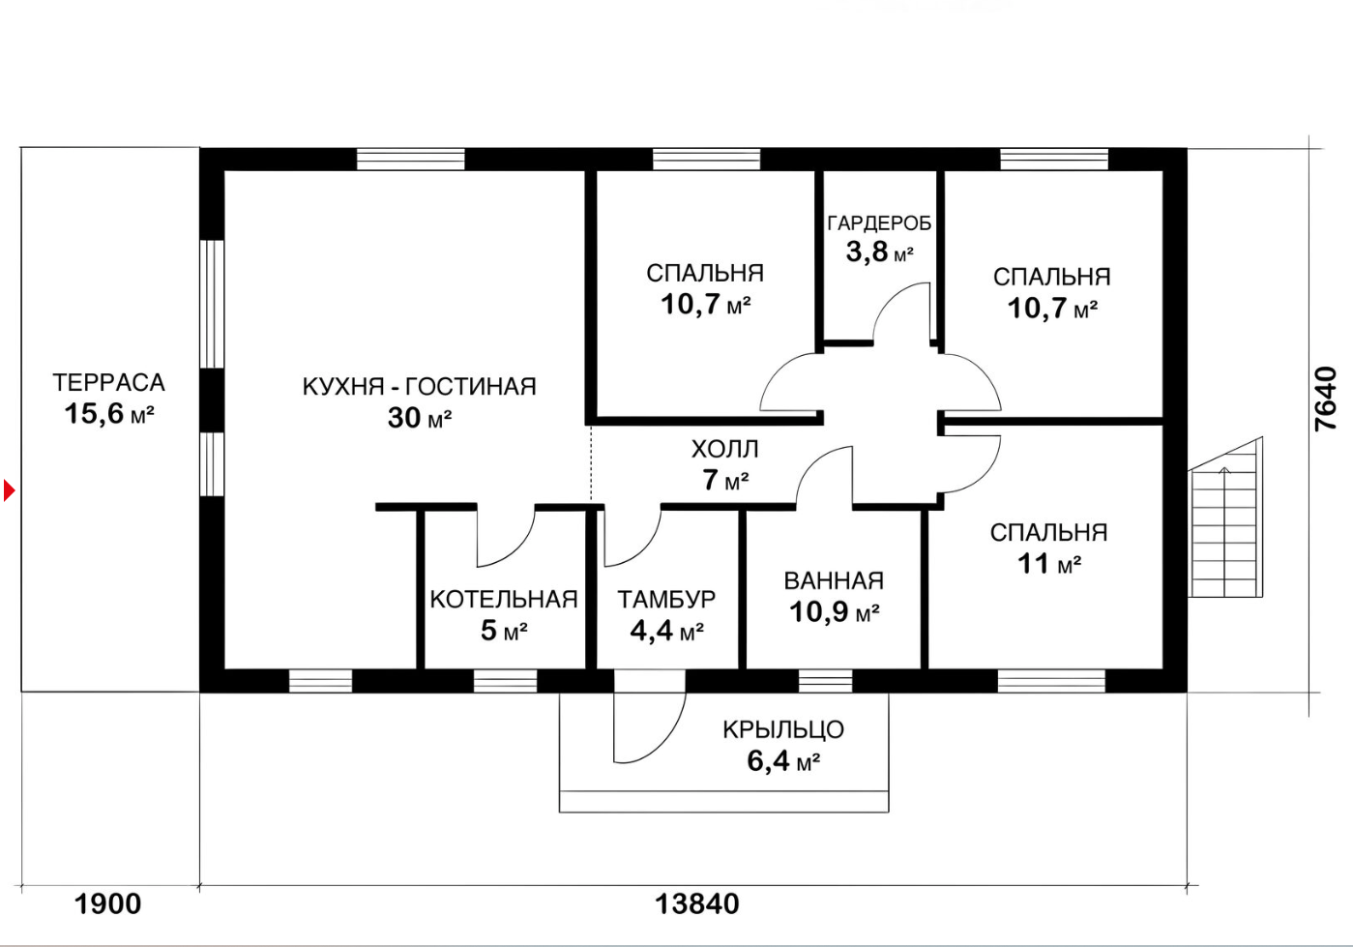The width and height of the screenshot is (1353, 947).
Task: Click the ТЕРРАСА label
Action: pyautogui.click(x=108, y=382)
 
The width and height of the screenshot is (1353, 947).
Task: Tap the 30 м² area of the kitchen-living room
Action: pyautogui.click(x=420, y=417)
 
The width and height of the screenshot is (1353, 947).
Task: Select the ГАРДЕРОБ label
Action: pyautogui.click(x=879, y=223)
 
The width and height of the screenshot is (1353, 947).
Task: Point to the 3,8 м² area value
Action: pyautogui.click(x=879, y=252)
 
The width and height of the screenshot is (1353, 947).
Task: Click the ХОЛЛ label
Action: pyautogui.click(x=724, y=450)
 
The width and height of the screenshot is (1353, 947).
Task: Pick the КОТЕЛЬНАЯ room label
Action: pyautogui.click(x=504, y=599)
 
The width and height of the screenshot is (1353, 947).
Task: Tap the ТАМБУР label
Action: pyautogui.click(x=666, y=599)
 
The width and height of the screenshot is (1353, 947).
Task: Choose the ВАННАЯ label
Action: pyautogui.click(x=834, y=581)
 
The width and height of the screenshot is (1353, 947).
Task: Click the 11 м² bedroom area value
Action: pyautogui.click(x=1049, y=564)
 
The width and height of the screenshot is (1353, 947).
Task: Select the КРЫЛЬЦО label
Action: pyautogui.click(x=783, y=730)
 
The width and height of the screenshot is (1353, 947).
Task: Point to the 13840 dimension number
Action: pyautogui.click(x=697, y=904)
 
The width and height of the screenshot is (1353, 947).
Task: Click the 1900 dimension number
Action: pyautogui.click(x=107, y=904)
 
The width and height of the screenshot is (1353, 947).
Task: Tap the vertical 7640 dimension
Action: pyautogui.click(x=1326, y=398)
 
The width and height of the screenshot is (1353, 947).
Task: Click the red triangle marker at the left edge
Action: pyautogui.click(x=9, y=489)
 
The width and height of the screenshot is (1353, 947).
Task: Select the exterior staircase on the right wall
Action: pyautogui.click(x=1225, y=518)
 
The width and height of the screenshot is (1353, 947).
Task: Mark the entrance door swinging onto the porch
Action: pyautogui.click(x=650, y=725)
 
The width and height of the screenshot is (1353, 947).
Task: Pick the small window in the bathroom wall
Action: pyautogui.click(x=826, y=682)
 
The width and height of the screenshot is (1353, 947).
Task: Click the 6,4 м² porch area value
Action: pyautogui.click(x=783, y=760)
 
